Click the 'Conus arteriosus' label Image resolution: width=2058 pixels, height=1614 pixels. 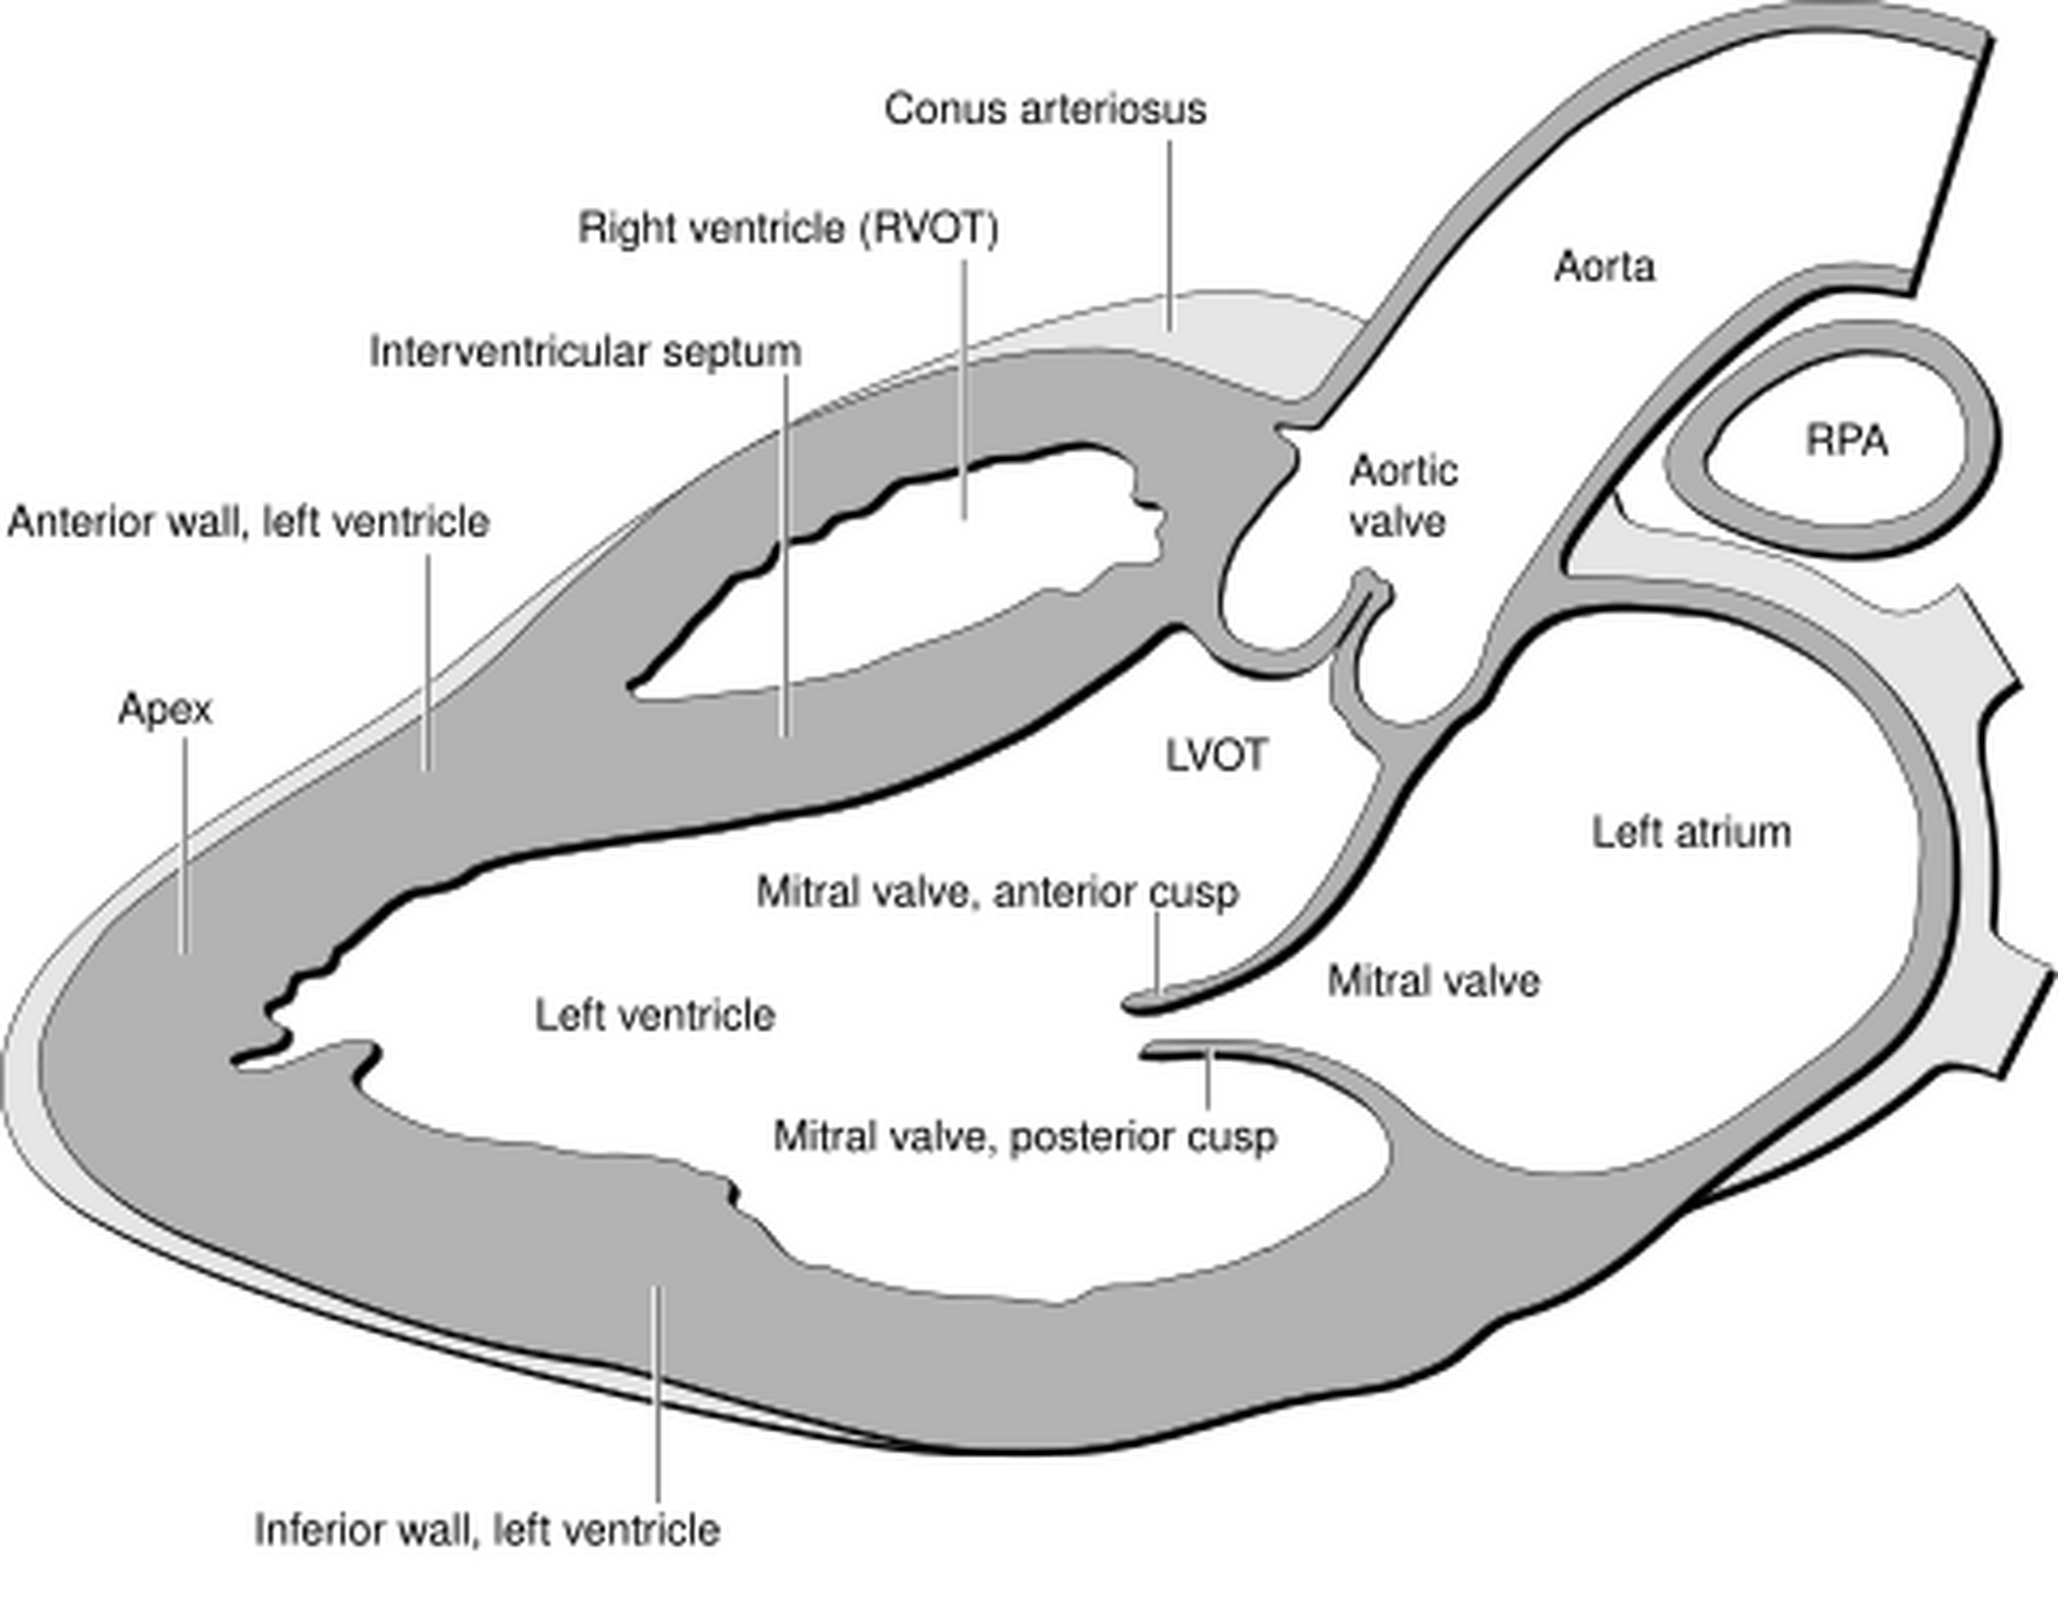(x=1044, y=109)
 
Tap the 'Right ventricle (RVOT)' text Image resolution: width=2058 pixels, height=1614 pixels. (x=788, y=229)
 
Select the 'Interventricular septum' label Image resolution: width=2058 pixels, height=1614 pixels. (x=585, y=353)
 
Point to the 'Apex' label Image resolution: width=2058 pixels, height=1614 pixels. (x=166, y=709)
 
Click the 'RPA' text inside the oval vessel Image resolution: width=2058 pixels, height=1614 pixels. (x=1847, y=441)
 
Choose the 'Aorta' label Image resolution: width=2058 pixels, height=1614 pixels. (x=1605, y=268)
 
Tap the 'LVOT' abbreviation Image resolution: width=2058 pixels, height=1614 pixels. (x=1216, y=756)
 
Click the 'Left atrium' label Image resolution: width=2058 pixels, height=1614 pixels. (x=1691, y=833)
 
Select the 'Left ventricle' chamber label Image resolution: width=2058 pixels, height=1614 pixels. (x=655, y=1015)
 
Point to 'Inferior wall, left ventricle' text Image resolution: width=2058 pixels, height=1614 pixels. (x=487, y=1529)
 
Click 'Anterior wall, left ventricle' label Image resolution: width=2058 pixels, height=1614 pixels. (x=248, y=522)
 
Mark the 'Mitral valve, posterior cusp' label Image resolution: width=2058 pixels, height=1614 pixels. (x=1025, y=1137)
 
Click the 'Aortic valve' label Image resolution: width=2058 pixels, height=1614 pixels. (x=1402, y=496)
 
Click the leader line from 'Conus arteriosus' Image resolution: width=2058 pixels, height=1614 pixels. (x=1170, y=236)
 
